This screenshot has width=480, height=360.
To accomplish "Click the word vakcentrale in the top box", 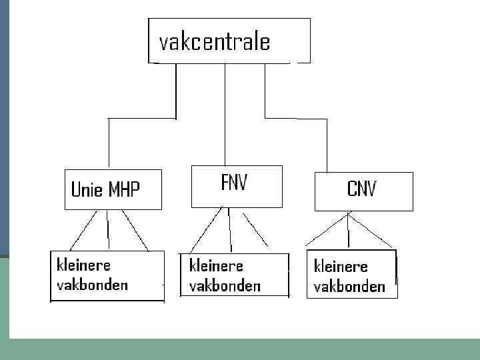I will click(214, 41).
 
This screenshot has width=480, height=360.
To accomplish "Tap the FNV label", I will click(233, 183).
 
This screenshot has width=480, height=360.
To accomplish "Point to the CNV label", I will click(361, 189).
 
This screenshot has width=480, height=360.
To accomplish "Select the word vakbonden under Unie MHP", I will click(93, 285).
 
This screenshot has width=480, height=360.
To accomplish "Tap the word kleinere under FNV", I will click(216, 265).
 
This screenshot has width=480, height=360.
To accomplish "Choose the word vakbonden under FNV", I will click(225, 286).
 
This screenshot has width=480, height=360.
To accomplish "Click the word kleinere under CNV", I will click(341, 266).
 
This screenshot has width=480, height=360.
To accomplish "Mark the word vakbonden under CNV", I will click(349, 287).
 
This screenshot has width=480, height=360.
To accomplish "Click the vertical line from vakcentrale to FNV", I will click(225, 113).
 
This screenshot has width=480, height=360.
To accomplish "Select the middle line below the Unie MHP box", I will click(107, 230).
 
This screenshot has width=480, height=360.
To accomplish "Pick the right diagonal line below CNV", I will click(372, 231).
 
